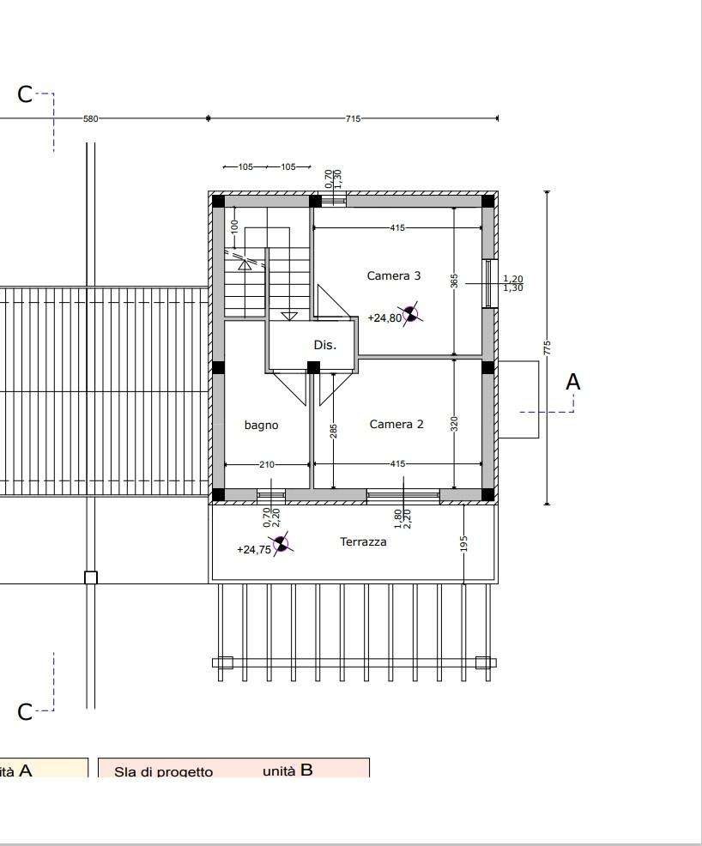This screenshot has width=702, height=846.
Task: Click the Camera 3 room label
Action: pyautogui.click(x=393, y=275)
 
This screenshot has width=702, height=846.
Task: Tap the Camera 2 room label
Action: pyautogui.click(x=396, y=424)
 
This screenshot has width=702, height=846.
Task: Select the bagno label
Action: pyautogui.click(x=261, y=426)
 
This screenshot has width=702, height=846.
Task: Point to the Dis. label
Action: pyautogui.click(x=325, y=345)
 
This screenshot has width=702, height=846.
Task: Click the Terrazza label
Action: pyautogui.click(x=363, y=541)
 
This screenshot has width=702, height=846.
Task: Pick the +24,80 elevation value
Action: pyautogui.click(x=384, y=317)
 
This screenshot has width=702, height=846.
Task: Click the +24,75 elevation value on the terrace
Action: pyautogui.click(x=254, y=550)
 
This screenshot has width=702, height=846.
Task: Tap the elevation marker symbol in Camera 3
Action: pyautogui.click(x=411, y=313)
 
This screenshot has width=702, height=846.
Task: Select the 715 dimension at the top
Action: pyautogui.click(x=353, y=118)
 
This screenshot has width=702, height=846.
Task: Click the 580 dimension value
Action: pyautogui.click(x=91, y=118)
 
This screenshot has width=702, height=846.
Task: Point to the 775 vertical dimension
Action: pyautogui.click(x=548, y=347)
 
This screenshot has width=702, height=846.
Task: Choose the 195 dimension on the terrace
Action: pyautogui.click(x=464, y=543)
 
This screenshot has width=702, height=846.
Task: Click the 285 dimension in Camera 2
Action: pyautogui.click(x=334, y=431)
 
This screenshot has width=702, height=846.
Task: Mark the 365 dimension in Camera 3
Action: pyautogui.click(x=454, y=281)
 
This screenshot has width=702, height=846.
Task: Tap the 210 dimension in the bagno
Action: pyautogui.click(x=267, y=464)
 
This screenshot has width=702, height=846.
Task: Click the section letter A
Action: pyautogui.click(x=573, y=382)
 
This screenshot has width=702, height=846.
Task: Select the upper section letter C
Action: pyautogui.click(x=25, y=94)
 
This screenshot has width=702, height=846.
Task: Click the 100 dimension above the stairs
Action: pyautogui.click(x=234, y=226)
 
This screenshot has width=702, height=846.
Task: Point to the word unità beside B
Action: pyautogui.click(x=279, y=771)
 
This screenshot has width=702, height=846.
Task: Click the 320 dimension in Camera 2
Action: pyautogui.click(x=454, y=424)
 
